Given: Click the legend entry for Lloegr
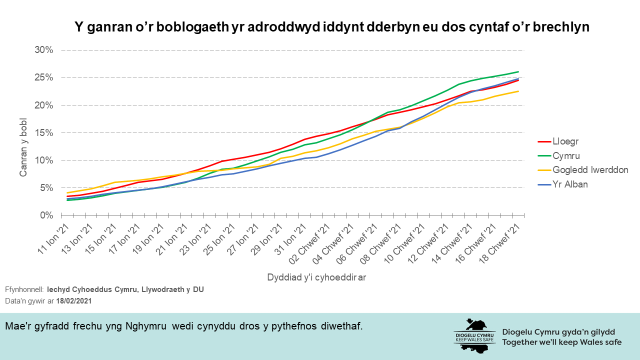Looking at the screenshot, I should point(565,141).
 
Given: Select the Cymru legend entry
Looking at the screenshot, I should point(565,155).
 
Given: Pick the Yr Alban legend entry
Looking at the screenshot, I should point(570,184).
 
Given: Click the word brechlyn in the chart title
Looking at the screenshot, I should point(561,27).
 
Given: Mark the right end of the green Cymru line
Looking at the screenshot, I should point(518,71).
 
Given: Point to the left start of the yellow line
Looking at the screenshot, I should point(67,193).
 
